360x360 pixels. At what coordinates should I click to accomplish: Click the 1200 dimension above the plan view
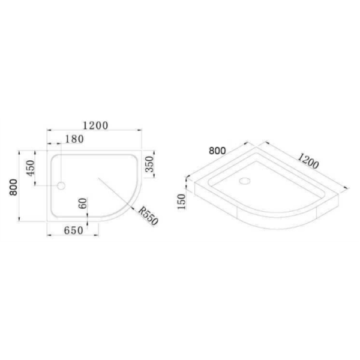click(95, 125)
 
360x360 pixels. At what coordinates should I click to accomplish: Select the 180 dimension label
click(74, 139)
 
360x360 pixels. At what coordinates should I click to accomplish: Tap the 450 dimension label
click(31, 168)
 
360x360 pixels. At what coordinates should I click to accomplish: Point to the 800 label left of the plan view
click(14, 187)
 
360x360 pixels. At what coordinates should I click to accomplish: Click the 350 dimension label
click(149, 164)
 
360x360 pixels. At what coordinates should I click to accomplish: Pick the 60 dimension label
click(83, 203)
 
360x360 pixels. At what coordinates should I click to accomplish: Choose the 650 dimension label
click(73, 230)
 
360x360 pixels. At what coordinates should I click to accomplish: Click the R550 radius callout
click(148, 216)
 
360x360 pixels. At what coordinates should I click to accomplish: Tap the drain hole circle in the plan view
click(61, 185)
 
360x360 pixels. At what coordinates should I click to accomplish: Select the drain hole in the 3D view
click(245, 181)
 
